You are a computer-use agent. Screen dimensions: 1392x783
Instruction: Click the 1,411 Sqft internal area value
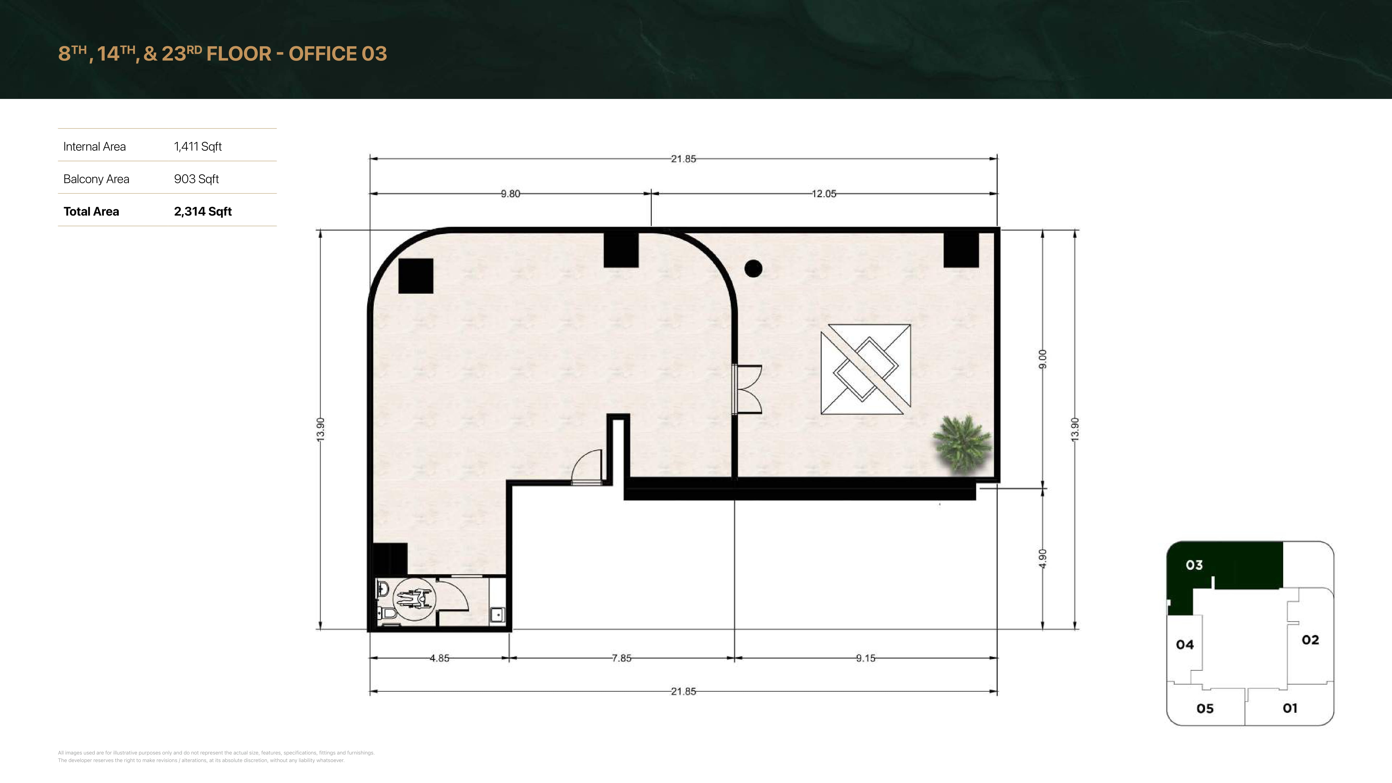click(198, 146)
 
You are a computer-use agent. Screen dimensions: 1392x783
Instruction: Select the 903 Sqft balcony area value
click(196, 179)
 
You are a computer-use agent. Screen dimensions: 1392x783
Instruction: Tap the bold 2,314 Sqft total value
click(203, 211)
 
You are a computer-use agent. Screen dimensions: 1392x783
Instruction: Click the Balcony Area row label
click(96, 179)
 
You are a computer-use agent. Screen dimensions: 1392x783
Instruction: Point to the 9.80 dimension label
click(510, 193)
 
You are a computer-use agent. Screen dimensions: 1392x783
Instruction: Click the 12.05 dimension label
click(824, 193)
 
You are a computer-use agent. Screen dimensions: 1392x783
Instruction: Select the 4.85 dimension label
click(439, 658)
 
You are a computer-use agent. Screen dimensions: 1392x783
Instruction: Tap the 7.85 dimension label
click(621, 658)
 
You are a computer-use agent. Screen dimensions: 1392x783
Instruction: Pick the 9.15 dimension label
click(866, 658)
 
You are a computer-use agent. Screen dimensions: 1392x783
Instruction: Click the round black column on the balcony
click(753, 269)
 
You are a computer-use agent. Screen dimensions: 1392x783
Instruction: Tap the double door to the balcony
click(747, 389)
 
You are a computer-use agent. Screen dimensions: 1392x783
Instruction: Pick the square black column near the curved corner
click(415, 276)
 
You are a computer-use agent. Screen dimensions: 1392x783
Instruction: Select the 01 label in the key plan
click(1290, 708)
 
